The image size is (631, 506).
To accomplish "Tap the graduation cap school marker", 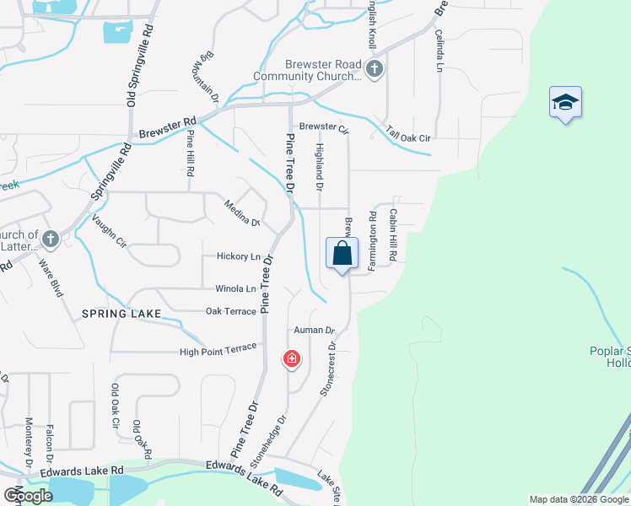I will pyautogui.click(x=565, y=103).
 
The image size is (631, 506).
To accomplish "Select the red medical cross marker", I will pyautogui.click(x=292, y=360).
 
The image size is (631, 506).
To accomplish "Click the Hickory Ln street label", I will pyautogui.click(x=238, y=256).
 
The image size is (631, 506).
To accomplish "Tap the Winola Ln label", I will pyautogui.click(x=235, y=288).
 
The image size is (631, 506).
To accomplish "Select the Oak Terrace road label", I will pyautogui.click(x=230, y=311).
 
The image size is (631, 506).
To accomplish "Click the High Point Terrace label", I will pyautogui.click(x=218, y=352).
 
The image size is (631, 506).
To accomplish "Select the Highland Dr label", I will pyautogui.click(x=320, y=166).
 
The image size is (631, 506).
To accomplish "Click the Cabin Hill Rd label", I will pyautogui.click(x=392, y=234).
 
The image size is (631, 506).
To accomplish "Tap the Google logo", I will pyautogui.click(x=28, y=495).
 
